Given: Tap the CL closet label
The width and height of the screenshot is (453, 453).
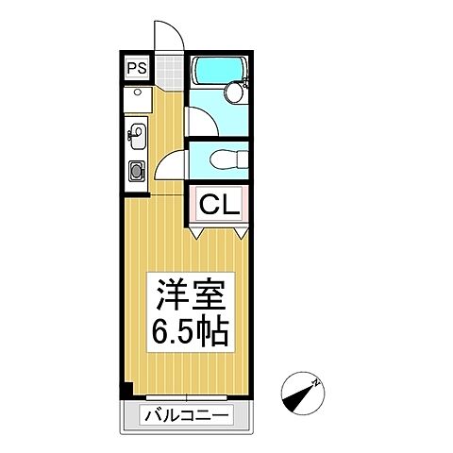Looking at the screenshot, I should pos(220,202).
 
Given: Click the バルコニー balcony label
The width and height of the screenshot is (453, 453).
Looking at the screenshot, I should pos(186,413).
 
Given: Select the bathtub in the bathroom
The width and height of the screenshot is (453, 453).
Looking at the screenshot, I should pos(217,72).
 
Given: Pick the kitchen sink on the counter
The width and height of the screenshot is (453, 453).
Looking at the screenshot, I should pos(136,136).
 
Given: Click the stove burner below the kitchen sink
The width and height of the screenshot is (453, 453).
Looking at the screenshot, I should pos(136,171).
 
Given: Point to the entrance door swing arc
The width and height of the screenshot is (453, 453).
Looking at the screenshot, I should pos(166,38).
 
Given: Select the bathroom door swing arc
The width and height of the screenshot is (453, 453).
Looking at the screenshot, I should pos(199,121).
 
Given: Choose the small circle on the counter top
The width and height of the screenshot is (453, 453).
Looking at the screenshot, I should pos(137,94).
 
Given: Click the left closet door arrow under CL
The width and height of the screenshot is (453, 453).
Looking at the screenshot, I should pos(199,230).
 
